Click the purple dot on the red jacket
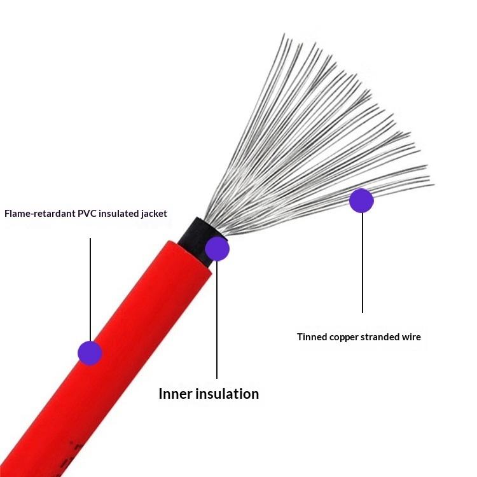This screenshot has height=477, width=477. [90, 352]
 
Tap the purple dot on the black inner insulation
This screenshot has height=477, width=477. [217, 249]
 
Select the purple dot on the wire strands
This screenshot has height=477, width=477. [361, 200]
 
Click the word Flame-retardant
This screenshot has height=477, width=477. [40, 214]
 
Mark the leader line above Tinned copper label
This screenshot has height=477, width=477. [363, 267]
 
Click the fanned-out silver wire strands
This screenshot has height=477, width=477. [318, 140]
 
